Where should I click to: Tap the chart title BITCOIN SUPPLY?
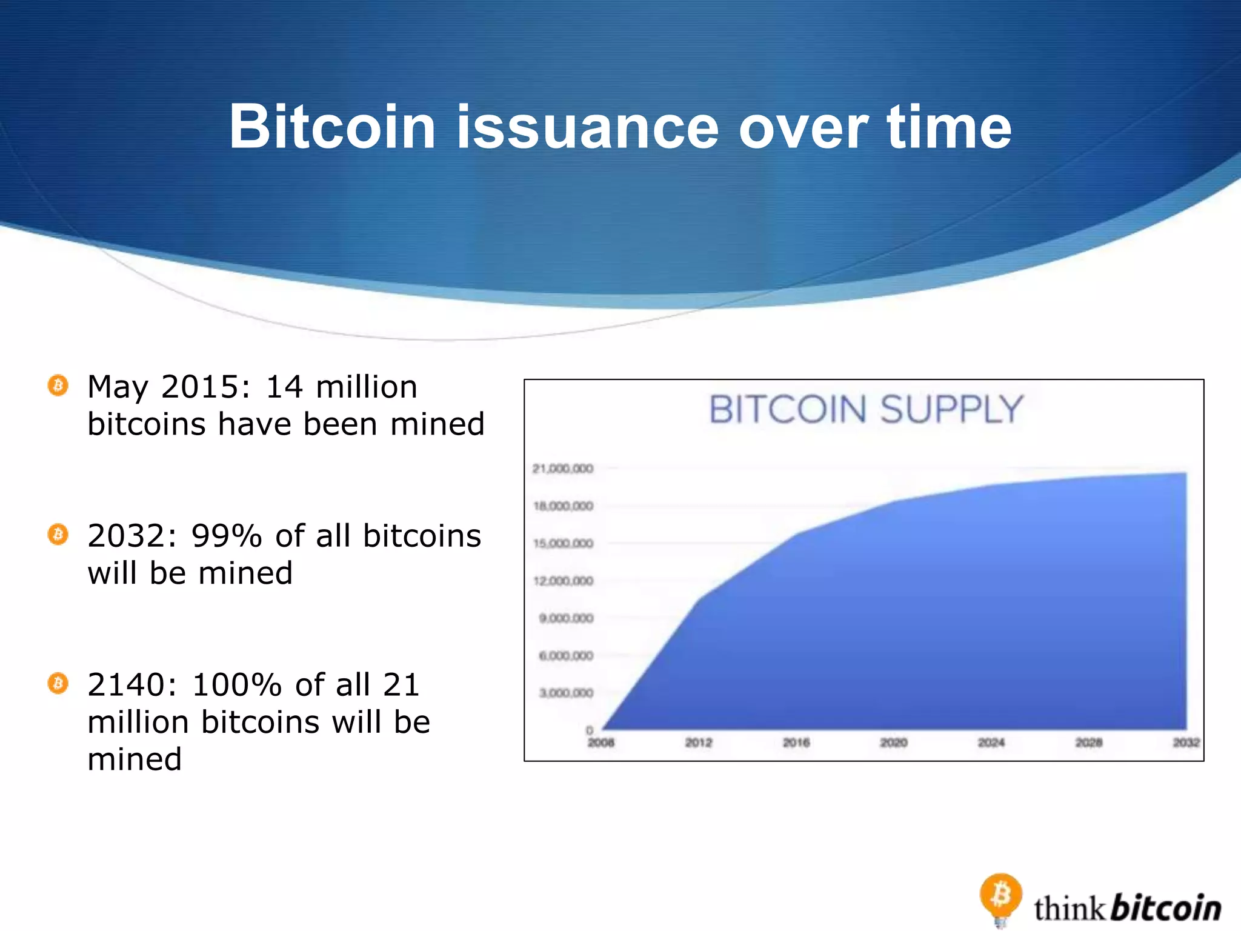point(866,409)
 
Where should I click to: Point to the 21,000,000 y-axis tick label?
point(562,469)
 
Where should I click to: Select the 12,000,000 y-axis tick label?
point(563,581)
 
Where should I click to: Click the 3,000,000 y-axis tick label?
point(566,693)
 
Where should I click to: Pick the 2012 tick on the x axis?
point(698,742)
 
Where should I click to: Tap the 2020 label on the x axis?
point(893,742)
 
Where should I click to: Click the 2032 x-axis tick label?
point(1186,742)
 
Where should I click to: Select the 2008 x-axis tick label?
point(601,742)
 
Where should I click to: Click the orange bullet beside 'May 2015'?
point(58,385)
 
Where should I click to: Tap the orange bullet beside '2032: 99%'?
point(58,535)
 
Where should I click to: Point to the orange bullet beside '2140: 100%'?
point(58,684)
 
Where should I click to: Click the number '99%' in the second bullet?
point(226,536)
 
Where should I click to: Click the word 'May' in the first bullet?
point(117,388)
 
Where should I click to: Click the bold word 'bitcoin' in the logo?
point(1166,908)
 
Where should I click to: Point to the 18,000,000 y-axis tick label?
point(563,506)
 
